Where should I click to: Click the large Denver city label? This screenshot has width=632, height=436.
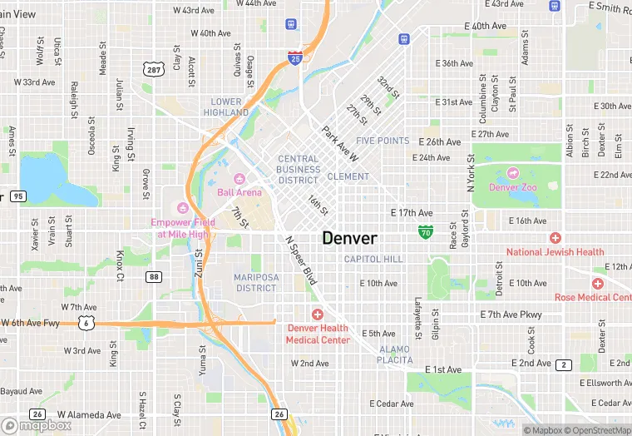coord(349,238)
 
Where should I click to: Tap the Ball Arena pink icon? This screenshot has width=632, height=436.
coord(239,178)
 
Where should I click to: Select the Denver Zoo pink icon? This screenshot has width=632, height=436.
coord(513,173)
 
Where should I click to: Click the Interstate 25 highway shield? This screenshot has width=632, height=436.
coord(295,57)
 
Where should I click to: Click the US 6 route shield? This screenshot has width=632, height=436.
coord(86,323)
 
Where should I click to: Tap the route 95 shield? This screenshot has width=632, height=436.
coord(18,196)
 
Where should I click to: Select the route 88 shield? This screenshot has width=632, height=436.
coord(153,276)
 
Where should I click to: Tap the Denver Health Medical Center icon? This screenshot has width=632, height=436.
coord(317,314)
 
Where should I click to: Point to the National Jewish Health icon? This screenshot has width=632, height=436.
coord(555,238)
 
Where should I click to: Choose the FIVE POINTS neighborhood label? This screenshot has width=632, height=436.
coord(383,141)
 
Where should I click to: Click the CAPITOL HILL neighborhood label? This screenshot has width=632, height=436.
coord(373,259)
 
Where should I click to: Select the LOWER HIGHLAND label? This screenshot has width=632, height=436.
coord(225,107)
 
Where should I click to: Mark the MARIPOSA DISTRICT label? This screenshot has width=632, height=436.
coord(255,283)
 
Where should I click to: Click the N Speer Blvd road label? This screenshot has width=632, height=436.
coord(301,260)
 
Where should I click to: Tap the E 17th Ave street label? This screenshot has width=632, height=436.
coord(412,213)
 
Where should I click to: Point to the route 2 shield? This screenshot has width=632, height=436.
coord(565,364)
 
